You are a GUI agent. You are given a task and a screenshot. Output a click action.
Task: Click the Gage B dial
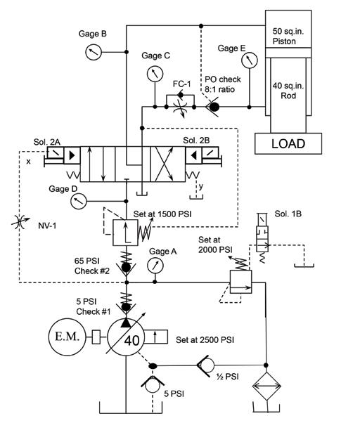click(x=94, y=52)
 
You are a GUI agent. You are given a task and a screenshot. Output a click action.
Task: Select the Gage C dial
click(x=155, y=73)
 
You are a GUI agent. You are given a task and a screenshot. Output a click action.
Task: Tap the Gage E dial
click(x=250, y=60)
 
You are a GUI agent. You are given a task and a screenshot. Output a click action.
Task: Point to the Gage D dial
click(x=78, y=201)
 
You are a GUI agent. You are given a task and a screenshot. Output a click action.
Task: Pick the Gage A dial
click(x=155, y=265)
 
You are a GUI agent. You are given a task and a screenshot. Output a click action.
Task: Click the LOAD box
click(x=288, y=143)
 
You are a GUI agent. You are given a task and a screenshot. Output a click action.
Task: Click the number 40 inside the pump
click(x=132, y=341)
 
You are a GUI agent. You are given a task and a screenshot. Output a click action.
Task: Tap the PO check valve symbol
click(x=212, y=108)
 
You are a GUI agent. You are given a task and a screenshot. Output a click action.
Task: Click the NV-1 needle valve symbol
click(x=20, y=222)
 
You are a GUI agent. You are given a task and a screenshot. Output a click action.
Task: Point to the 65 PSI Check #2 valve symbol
click(x=126, y=264)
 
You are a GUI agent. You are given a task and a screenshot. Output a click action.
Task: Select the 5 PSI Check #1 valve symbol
click(x=126, y=304)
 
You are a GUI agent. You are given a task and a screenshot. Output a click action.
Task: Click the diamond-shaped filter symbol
click(x=266, y=386)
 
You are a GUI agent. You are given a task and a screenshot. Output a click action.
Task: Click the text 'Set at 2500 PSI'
click(x=205, y=339)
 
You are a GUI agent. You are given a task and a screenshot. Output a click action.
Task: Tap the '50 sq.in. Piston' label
click(x=288, y=36)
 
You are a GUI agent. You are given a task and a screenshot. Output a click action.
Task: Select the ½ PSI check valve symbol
click(x=206, y=365)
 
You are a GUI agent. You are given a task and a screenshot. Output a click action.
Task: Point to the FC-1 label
click(x=181, y=84)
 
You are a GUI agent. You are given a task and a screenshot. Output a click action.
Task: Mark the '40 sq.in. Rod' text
click(x=288, y=91)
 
